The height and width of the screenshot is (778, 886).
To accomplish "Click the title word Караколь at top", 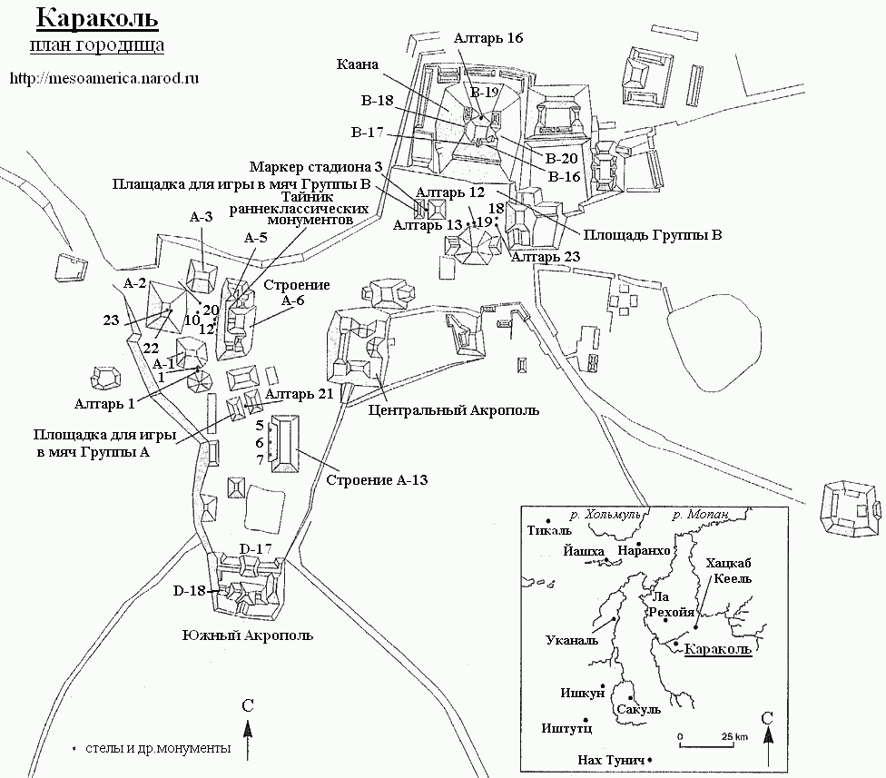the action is pyautogui.click(x=97, y=18).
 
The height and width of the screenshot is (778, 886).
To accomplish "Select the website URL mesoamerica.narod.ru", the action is pyautogui.click(x=104, y=78).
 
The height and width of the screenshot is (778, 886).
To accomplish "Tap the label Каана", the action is pyautogui.click(x=357, y=64).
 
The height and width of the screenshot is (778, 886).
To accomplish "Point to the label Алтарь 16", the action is pyautogui.click(x=488, y=38).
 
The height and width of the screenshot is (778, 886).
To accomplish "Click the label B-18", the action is pyautogui.click(x=378, y=101).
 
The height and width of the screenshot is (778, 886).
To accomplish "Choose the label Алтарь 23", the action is pyautogui.click(x=546, y=257).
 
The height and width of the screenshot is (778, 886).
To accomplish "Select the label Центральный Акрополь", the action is pyautogui.click(x=454, y=410).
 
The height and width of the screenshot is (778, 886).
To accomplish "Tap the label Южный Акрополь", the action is pyautogui.click(x=248, y=635).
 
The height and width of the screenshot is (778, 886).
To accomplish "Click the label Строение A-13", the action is pyautogui.click(x=377, y=480).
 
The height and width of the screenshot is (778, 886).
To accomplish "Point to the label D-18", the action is pyautogui.click(x=190, y=591).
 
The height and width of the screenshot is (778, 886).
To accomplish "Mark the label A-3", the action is pyautogui.click(x=202, y=217).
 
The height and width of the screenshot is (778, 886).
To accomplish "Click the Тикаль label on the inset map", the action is pyautogui.click(x=549, y=530).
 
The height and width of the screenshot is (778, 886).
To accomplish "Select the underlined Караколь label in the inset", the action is pyautogui.click(x=718, y=649).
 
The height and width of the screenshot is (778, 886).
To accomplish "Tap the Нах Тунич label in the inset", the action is pyautogui.click(x=611, y=761).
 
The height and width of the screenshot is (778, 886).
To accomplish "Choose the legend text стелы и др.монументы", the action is pyautogui.click(x=158, y=748).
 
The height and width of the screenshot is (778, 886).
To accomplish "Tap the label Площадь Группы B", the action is pyautogui.click(x=653, y=234).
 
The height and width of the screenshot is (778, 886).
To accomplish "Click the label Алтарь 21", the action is pyautogui.click(x=299, y=394).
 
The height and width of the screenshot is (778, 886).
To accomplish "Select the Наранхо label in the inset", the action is pyautogui.click(x=645, y=550).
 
